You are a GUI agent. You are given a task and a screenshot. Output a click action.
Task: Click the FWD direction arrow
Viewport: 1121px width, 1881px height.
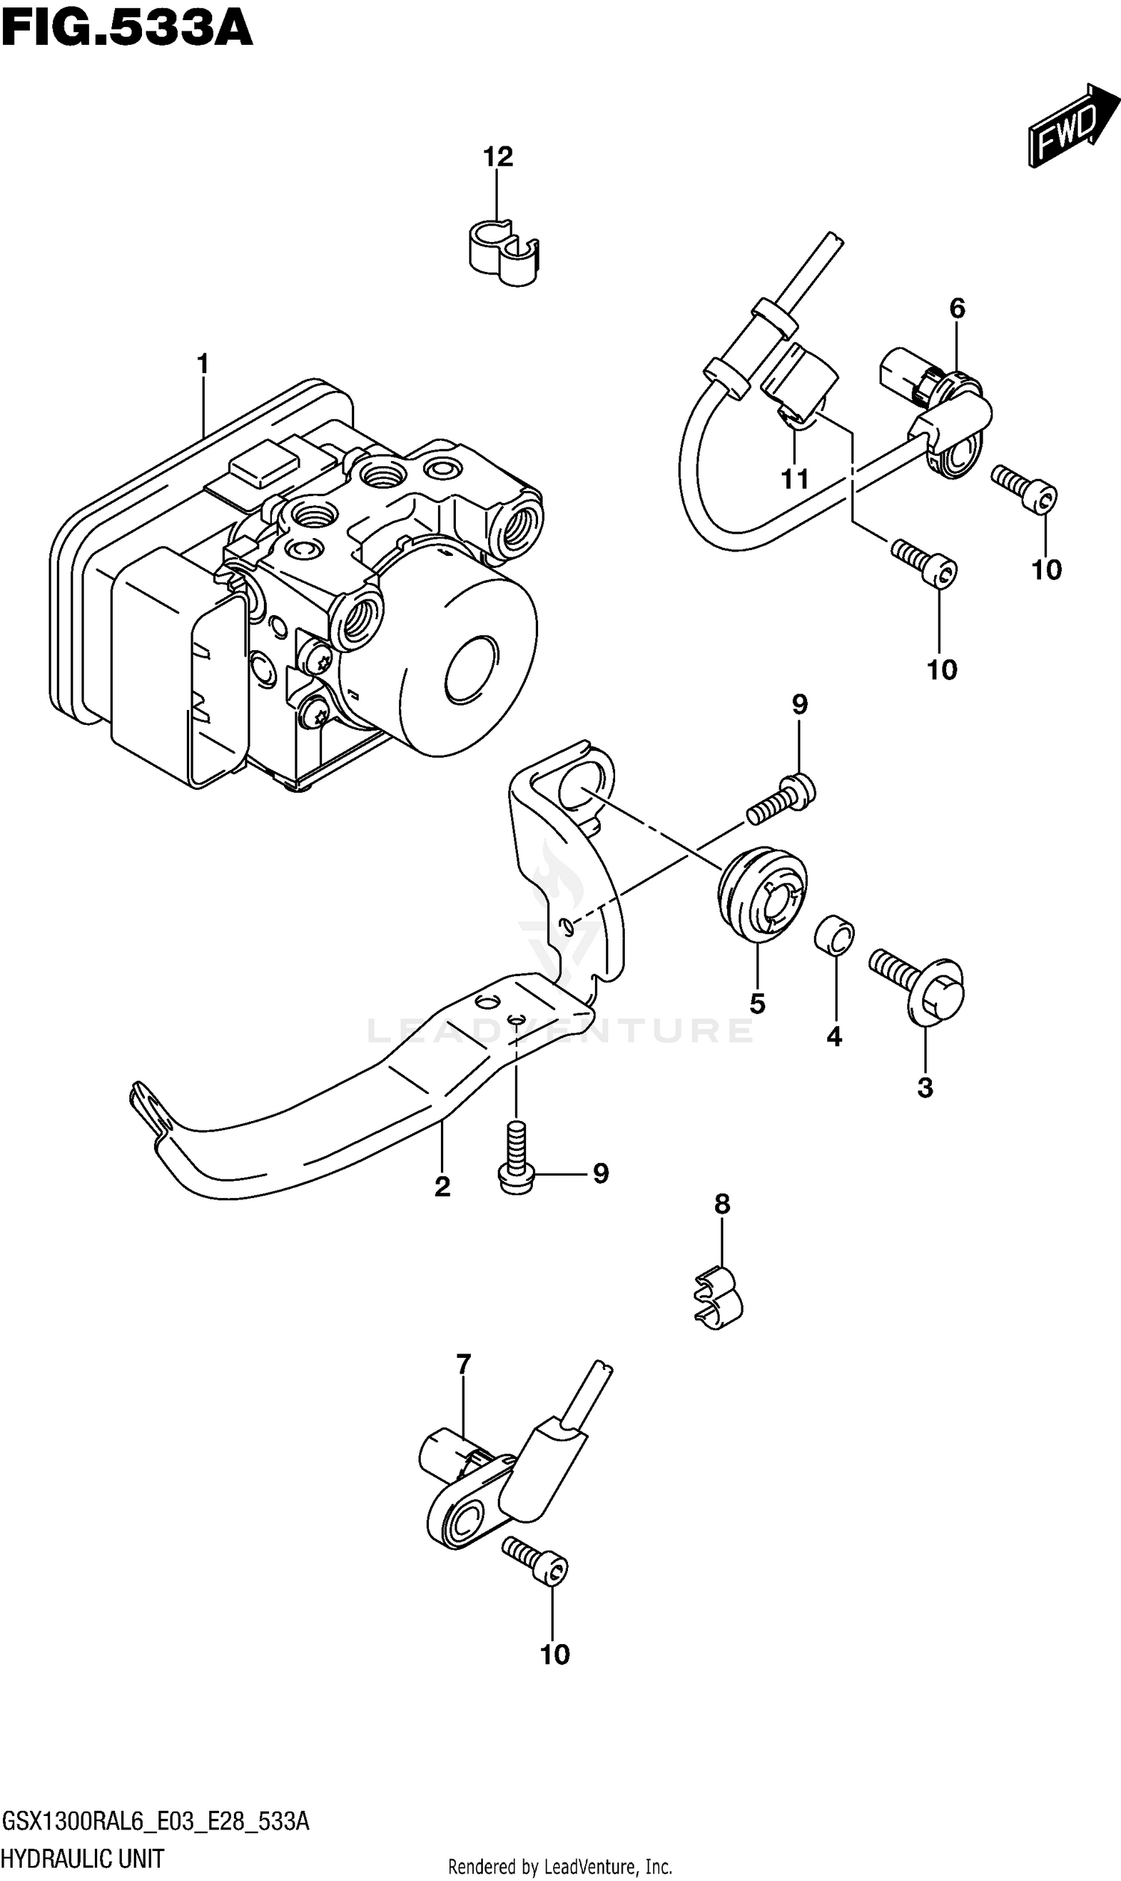1071,125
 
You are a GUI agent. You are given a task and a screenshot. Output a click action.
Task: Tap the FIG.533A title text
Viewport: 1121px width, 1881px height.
126,30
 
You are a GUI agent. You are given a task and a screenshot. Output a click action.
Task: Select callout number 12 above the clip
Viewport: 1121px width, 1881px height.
498,157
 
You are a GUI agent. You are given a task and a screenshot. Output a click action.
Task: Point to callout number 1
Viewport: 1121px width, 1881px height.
203,365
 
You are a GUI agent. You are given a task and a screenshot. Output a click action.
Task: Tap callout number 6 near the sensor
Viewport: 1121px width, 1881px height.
957,308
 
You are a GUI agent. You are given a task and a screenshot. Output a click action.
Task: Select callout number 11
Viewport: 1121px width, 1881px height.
794,479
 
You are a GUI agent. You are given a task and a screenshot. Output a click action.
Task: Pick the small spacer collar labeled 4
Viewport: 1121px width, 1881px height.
834,936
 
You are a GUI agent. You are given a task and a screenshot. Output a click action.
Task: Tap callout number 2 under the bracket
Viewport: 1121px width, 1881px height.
442,1187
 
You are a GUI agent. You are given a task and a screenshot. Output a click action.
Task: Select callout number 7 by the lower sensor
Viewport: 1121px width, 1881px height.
464,1365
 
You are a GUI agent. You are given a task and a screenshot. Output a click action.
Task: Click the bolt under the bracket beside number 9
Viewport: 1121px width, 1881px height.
516,1164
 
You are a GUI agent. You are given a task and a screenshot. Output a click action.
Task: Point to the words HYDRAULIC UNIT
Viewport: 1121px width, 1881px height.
83,1858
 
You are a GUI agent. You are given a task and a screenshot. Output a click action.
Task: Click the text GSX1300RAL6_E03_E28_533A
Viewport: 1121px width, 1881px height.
155,1820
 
